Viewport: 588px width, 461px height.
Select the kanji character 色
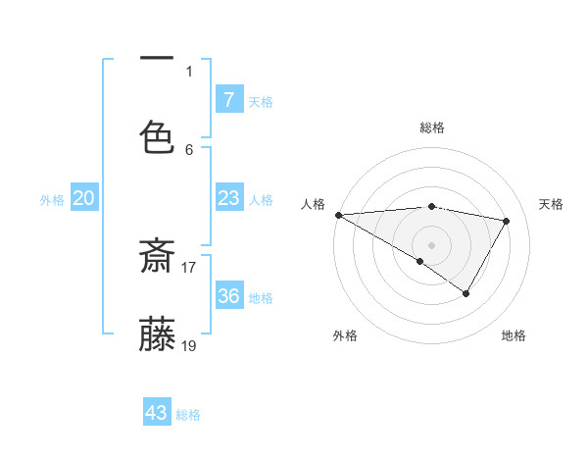click(157, 137)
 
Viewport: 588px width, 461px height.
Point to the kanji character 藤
click(157, 334)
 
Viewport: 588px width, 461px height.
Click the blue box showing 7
click(228, 99)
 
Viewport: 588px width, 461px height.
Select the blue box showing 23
click(228, 198)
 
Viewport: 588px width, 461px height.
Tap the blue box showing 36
click(228, 296)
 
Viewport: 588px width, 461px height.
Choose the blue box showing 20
click(84, 198)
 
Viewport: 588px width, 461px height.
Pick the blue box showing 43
click(157, 413)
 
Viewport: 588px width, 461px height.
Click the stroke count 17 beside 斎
click(189, 266)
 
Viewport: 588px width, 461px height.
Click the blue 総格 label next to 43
click(188, 415)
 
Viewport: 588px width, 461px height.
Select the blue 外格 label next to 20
click(52, 200)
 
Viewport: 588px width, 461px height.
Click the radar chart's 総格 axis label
click(431, 128)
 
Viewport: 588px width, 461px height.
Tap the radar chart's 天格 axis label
click(552, 204)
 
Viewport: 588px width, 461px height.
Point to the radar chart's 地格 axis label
click(514, 335)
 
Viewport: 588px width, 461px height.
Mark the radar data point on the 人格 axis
click(338, 214)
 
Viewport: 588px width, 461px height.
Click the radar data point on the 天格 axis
click(507, 221)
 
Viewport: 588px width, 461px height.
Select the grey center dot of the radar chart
click(431, 244)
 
